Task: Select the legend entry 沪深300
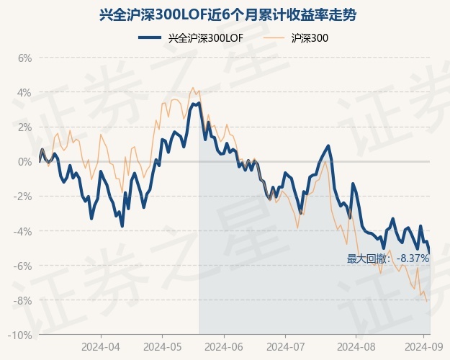[298, 38]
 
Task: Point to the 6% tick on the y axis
[24, 58]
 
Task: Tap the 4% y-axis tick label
[24, 92]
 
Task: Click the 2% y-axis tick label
[24, 127]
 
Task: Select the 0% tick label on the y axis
[24, 161]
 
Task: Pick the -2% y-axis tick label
[23, 197]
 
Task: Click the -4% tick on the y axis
[23, 231]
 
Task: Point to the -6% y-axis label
[23, 266]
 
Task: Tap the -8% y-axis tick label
[23, 300]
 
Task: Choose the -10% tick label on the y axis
[21, 336]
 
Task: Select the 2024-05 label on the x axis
[162, 346]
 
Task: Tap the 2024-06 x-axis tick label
[224, 346]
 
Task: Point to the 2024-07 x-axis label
[285, 346]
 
